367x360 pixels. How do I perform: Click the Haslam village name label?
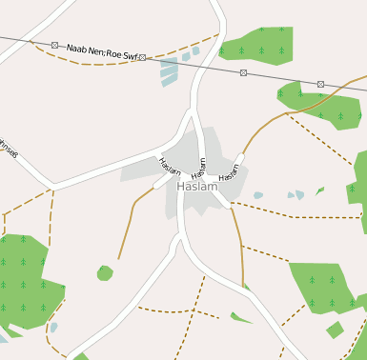pyautogui.click(x=197, y=187)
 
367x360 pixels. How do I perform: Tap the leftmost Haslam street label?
pyautogui.click(x=170, y=166)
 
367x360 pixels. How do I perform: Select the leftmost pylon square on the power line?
pyautogui.click(x=54, y=45)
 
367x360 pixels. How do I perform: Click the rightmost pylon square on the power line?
pyautogui.click(x=320, y=84)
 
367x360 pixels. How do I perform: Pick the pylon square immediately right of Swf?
pyautogui.click(x=141, y=58)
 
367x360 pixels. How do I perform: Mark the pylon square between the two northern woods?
pyautogui.click(x=244, y=72)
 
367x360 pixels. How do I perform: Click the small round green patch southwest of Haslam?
pyautogui.click(x=105, y=273)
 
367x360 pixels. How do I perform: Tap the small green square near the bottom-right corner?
pyautogui.click(x=335, y=330)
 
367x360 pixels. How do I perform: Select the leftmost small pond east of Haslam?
pyautogui.click(x=258, y=195)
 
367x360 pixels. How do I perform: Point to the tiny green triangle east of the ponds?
pyautogui.click(x=319, y=190)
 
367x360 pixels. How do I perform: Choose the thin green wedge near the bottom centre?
pyautogui.click(x=240, y=317)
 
